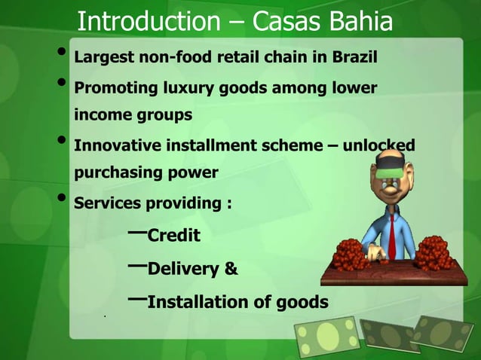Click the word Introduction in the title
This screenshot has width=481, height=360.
[149, 23]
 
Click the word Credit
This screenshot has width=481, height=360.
[173, 236]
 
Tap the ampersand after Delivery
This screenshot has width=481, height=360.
[231, 269]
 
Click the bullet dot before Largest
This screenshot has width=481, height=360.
[60, 54]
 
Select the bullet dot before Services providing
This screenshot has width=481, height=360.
[60, 200]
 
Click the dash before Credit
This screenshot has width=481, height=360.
[137, 232]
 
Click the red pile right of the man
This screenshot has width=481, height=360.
[434, 252]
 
